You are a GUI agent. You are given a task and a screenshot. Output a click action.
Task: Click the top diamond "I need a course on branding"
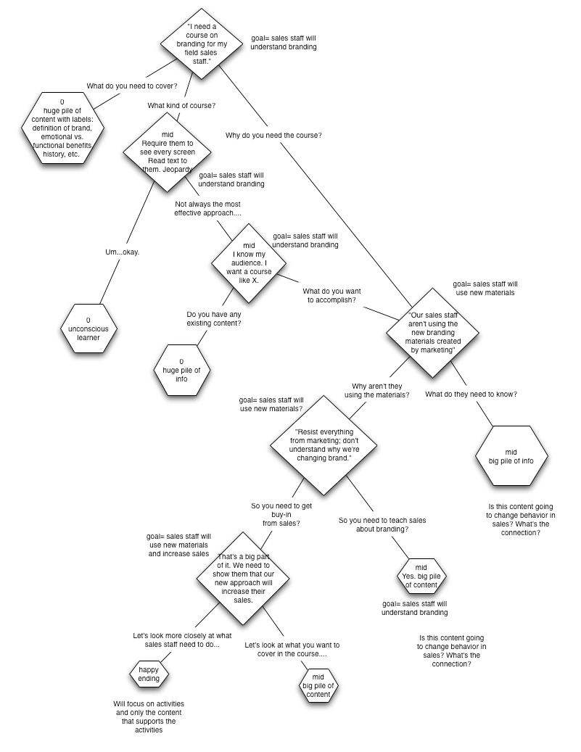point(202,44)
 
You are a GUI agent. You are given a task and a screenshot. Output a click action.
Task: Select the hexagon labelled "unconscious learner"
point(88,329)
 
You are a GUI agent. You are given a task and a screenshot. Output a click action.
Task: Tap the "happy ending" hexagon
point(149,674)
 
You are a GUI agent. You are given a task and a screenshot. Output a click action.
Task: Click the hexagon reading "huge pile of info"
point(181,371)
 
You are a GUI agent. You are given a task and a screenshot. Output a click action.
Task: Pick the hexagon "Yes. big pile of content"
point(421,576)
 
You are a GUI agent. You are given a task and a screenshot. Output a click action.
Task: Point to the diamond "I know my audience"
point(249,263)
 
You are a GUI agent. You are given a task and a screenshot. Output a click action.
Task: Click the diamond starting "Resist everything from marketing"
point(324,445)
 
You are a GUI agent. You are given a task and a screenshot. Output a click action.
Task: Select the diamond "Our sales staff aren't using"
point(433,333)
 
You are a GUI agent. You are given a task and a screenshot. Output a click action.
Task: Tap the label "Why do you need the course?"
point(273,136)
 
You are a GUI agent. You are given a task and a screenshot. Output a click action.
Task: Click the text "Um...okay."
point(123,252)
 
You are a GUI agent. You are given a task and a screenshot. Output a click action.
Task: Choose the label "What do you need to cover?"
point(132,86)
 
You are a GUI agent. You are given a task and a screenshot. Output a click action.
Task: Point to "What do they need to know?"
point(471,394)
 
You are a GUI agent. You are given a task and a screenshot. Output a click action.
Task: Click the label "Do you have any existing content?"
point(214,319)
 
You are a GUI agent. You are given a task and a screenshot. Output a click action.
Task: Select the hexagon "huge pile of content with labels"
point(62,128)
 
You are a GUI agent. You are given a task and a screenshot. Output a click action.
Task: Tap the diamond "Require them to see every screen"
point(168,152)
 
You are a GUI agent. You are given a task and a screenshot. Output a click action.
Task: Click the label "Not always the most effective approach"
point(207,209)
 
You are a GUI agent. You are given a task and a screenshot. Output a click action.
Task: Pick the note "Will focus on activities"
point(149,717)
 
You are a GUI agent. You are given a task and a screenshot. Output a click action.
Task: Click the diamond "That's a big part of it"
point(243,579)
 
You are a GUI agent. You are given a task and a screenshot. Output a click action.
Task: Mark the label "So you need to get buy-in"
point(281,515)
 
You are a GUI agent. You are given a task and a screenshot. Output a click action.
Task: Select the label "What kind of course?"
point(181,105)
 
